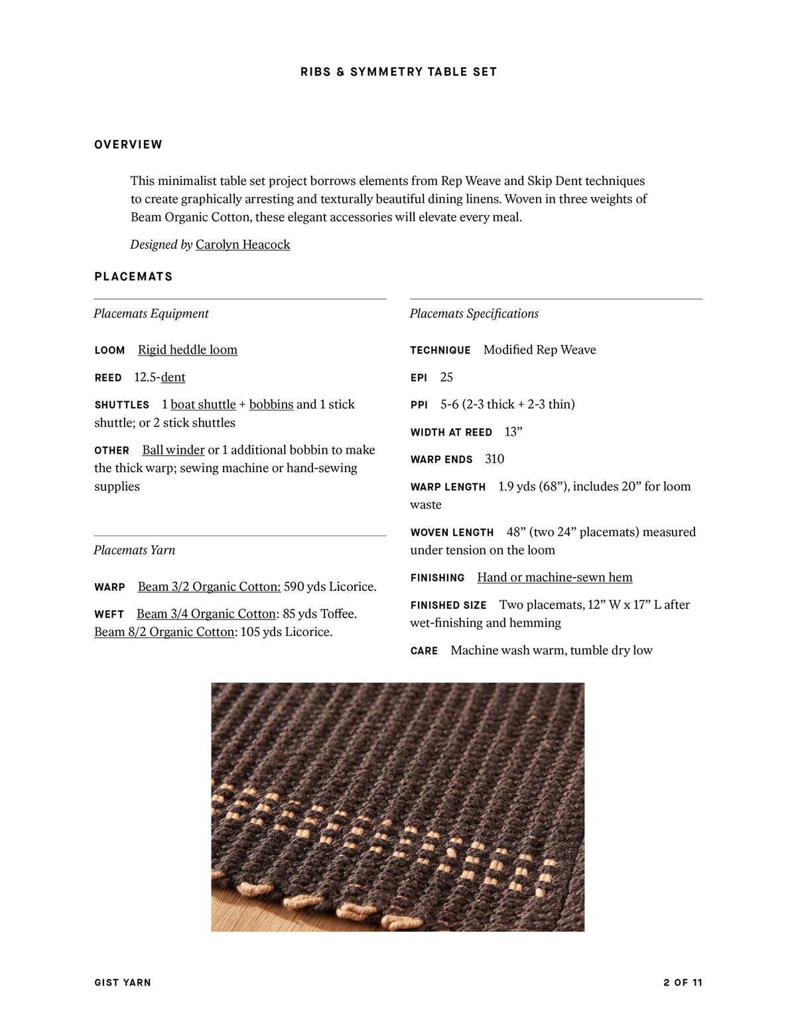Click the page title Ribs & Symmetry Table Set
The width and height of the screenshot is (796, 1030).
(x=398, y=72)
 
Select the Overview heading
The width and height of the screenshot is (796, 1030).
(x=128, y=145)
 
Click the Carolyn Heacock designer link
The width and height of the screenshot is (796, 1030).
(x=243, y=244)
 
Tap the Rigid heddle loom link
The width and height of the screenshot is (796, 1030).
(x=187, y=350)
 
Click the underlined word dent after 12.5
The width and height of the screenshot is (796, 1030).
(x=173, y=377)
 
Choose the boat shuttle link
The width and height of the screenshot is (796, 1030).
(x=203, y=404)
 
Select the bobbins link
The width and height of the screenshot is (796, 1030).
(x=271, y=404)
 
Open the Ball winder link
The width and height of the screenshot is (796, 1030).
(x=173, y=450)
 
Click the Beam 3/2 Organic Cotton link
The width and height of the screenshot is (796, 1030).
(x=209, y=586)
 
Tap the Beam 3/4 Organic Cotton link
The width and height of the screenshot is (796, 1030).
(x=206, y=613)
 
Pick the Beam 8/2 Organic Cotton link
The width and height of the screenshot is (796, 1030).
(x=164, y=631)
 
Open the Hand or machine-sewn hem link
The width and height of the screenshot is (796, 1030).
(x=555, y=577)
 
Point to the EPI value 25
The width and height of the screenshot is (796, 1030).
(x=446, y=377)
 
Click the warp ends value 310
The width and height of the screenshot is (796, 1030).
(x=494, y=459)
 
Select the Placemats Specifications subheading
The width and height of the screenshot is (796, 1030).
(x=474, y=314)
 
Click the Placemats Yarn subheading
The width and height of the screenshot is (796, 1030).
(x=134, y=550)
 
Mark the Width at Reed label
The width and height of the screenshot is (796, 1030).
(x=451, y=432)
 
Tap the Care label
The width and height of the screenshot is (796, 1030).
(x=424, y=651)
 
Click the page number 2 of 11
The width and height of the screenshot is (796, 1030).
(x=683, y=982)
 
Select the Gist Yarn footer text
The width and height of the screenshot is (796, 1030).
(x=123, y=982)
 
